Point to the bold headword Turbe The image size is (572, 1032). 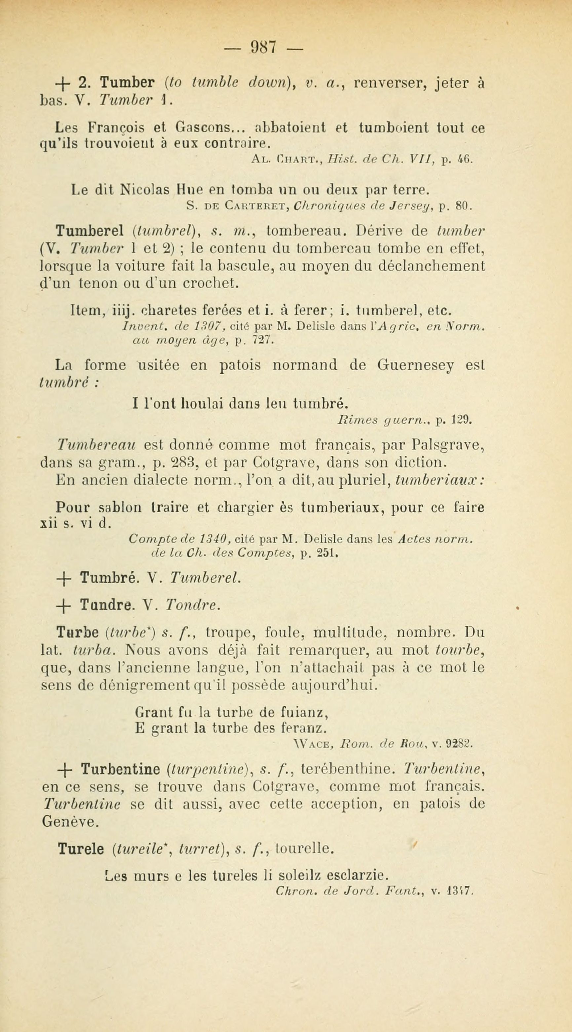tap(78, 633)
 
